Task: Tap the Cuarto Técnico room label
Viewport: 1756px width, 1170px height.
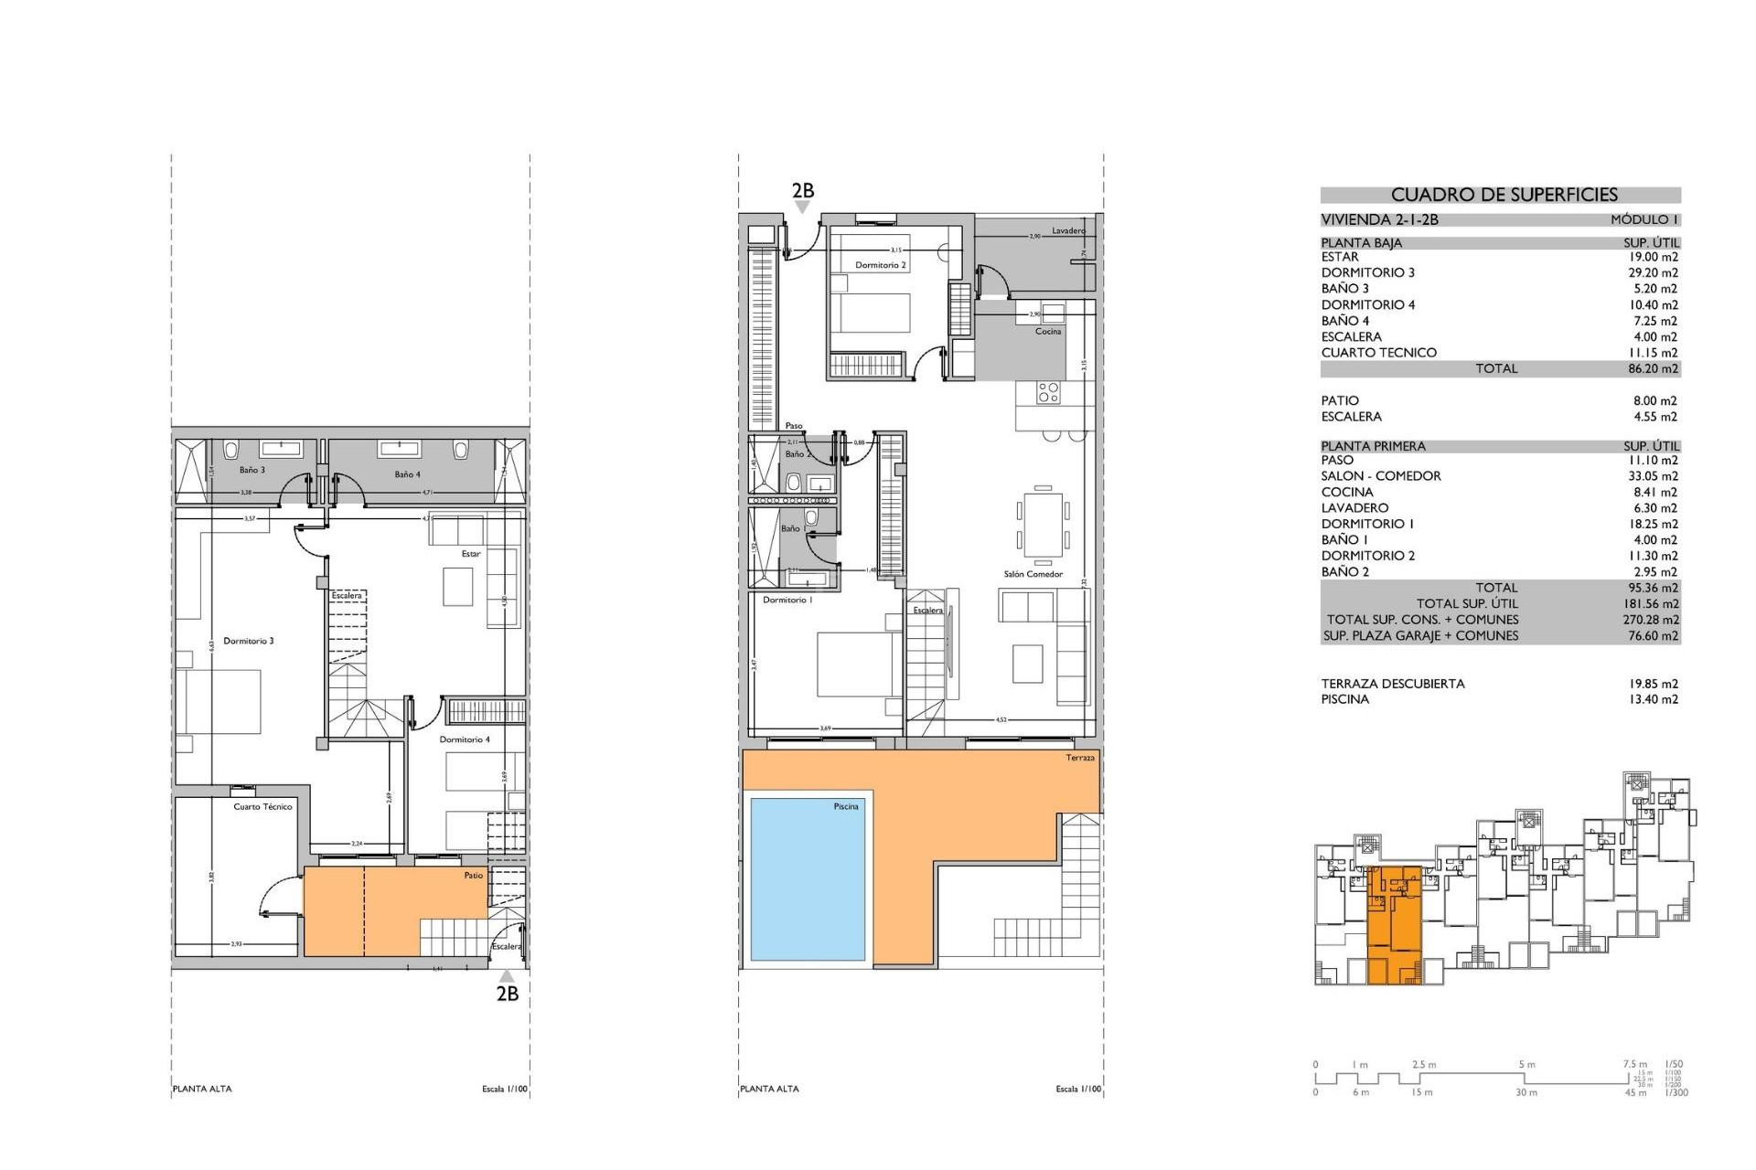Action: [262, 807]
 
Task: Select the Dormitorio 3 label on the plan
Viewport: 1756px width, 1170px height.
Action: [249, 641]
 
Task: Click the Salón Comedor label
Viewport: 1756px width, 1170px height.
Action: [1033, 574]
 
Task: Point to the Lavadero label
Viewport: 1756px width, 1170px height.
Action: [1068, 231]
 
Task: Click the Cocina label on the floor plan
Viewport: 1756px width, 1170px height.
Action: [1048, 331]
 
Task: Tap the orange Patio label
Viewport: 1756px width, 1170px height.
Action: [473, 876]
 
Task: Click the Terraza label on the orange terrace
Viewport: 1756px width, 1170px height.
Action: [1079, 758]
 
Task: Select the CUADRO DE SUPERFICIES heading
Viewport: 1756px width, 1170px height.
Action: [1504, 195]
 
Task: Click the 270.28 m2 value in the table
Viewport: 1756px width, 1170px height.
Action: [1652, 620]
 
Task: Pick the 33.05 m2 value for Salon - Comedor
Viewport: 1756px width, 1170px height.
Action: [1653, 476]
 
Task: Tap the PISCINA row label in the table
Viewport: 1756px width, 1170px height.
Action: [1344, 699]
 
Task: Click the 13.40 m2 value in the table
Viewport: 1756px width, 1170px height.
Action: [1653, 699]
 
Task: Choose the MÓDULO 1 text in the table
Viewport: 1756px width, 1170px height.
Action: [1644, 219]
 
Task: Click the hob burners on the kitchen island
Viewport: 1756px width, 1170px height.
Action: [1048, 393]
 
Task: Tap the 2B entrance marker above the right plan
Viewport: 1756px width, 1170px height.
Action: [802, 191]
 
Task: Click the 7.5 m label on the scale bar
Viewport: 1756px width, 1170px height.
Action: [1634, 1064]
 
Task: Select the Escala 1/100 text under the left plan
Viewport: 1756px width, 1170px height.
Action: [505, 1089]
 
